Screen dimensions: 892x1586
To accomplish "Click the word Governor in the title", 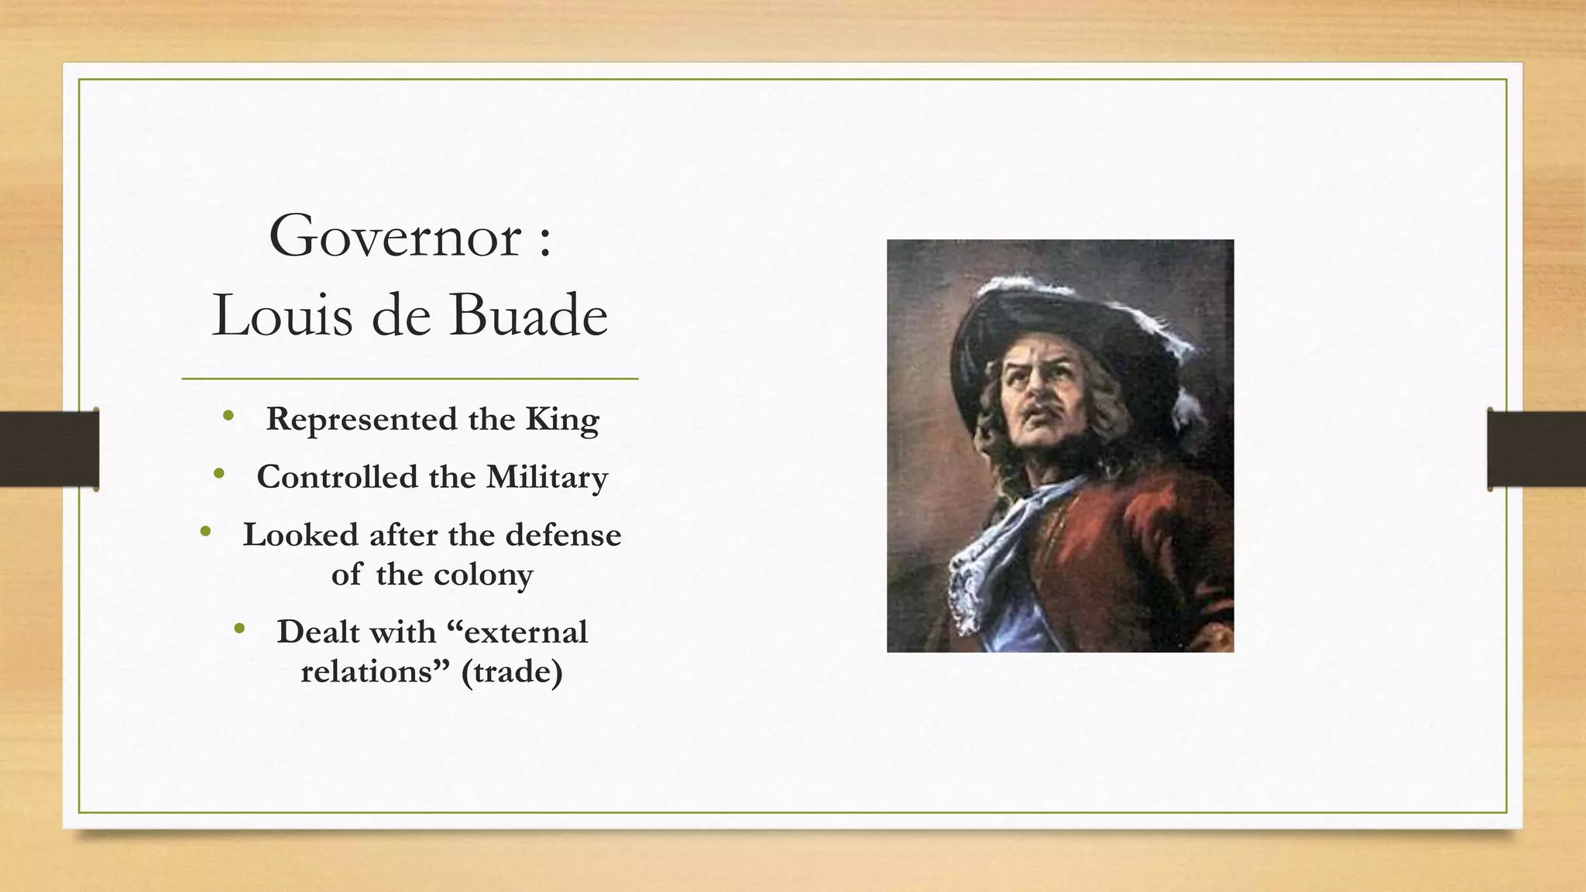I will [395, 237].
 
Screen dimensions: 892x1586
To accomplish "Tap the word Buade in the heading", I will [529, 316].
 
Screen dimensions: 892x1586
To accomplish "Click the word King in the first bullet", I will [562, 420].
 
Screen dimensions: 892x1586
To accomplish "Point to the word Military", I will [547, 477].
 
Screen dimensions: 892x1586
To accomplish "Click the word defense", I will [563, 535].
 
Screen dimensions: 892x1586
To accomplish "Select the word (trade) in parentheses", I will [512, 671].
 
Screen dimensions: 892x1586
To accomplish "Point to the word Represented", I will [362, 420].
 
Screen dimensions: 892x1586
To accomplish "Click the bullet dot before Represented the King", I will [228, 417].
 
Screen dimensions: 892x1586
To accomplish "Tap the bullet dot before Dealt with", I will [239, 629].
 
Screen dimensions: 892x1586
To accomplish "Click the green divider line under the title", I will [410, 379].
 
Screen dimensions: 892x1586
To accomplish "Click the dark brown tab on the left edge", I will [49, 449].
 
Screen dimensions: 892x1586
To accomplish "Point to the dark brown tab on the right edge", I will [1536, 449].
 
